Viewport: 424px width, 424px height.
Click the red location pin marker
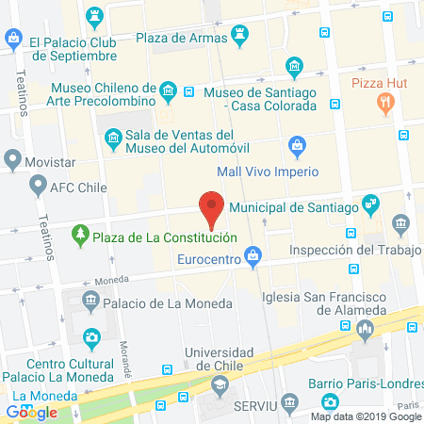[x=212, y=208]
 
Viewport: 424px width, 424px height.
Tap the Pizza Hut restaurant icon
[x=384, y=101]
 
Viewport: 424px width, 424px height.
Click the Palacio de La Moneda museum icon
[x=90, y=302]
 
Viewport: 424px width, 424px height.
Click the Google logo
[x=32, y=412]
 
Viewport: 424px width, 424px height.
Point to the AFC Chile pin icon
[x=39, y=186]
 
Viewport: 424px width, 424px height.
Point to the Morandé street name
[x=124, y=354]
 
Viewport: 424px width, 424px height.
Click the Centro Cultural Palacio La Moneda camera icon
[x=91, y=336]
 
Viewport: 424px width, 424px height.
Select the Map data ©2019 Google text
[x=367, y=416]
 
